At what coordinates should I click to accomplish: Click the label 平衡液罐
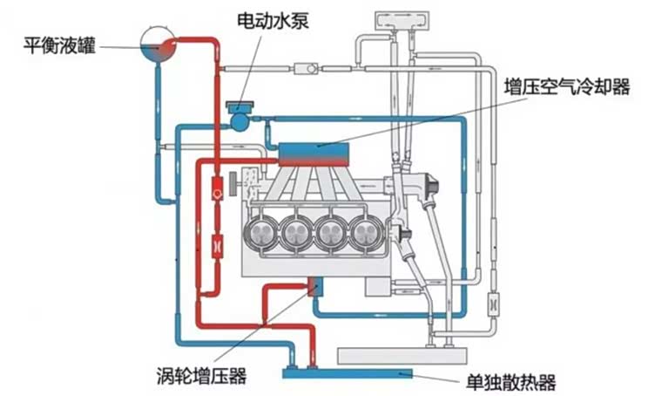(60, 45)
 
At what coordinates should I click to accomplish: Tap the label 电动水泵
(273, 20)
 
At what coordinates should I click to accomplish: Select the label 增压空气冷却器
(567, 87)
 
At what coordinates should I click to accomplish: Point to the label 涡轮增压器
(202, 375)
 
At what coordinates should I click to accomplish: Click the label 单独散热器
(511, 382)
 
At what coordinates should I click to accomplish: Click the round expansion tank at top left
(158, 44)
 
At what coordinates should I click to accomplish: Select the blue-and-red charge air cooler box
(314, 154)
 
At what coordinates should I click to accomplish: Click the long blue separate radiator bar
(348, 373)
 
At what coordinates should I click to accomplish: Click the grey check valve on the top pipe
(306, 68)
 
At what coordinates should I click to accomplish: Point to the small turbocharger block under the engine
(315, 287)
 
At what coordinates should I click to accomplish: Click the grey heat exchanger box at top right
(403, 20)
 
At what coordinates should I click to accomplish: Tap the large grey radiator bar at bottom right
(402, 356)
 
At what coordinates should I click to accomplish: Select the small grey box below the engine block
(378, 287)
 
